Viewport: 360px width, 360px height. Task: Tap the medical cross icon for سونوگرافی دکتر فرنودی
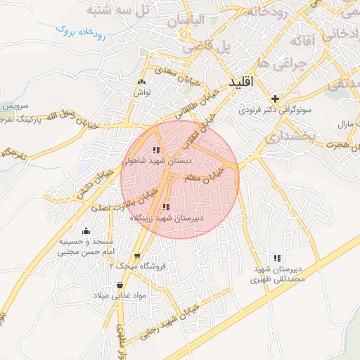276,98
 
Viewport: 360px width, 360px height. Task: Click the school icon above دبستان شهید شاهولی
156,150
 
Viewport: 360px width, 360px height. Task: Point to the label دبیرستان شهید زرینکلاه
167,219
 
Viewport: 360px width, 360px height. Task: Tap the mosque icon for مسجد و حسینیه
86,231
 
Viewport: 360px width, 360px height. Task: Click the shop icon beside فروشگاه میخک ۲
136,256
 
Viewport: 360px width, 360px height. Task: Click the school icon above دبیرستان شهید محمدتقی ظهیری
277,259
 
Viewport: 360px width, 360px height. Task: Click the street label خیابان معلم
208,177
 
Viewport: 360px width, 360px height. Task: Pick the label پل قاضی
208,48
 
